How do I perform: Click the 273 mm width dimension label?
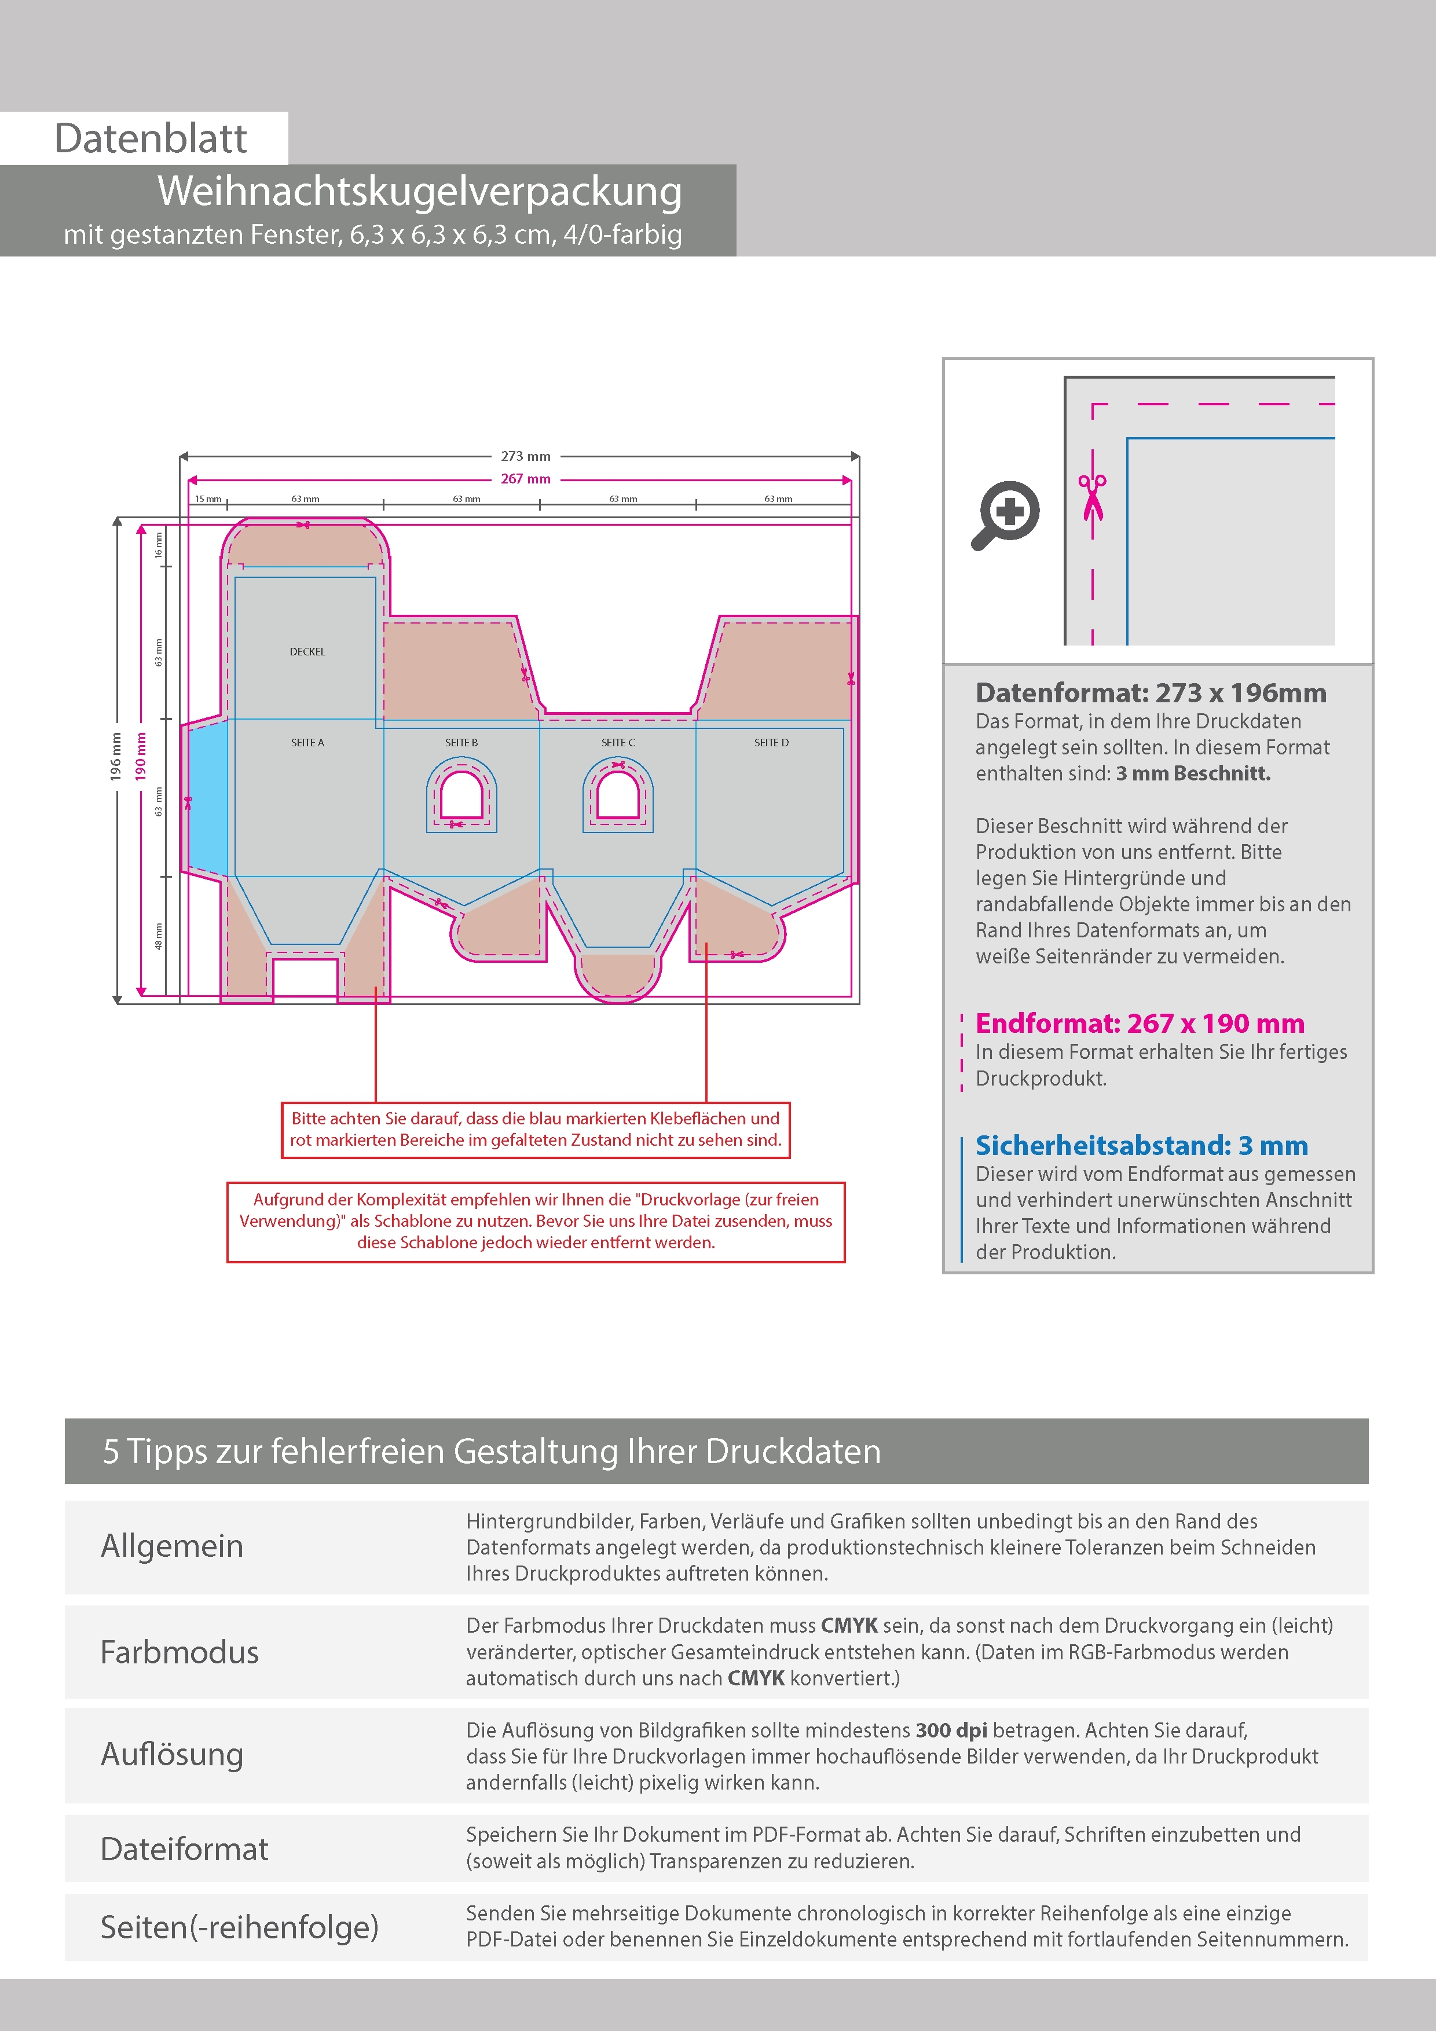tap(526, 456)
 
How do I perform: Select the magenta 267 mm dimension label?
tap(526, 479)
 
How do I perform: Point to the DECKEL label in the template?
tap(307, 652)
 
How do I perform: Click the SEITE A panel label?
tap(307, 743)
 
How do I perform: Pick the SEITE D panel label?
tap(771, 743)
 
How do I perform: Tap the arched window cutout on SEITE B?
tap(461, 795)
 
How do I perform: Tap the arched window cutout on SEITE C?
tap(618, 795)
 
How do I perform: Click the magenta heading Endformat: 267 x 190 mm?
tap(1140, 1024)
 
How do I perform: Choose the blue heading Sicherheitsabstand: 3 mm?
tap(1141, 1146)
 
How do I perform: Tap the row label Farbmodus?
tap(179, 1652)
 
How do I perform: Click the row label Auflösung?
tap(171, 1754)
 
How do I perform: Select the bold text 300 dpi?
tap(951, 1731)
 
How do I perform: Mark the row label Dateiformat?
tap(184, 1849)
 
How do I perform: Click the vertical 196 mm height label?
tap(116, 756)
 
